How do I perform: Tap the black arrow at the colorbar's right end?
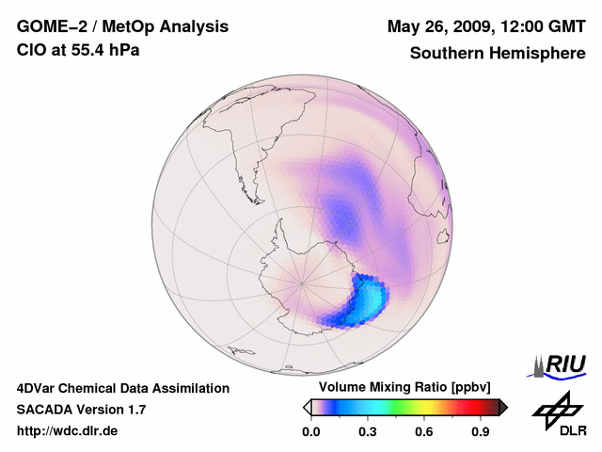pyautogui.click(x=503, y=407)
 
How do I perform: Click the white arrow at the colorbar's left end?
pyautogui.click(x=307, y=407)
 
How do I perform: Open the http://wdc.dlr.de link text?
pyautogui.click(x=68, y=431)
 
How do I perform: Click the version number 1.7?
pyautogui.click(x=134, y=410)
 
